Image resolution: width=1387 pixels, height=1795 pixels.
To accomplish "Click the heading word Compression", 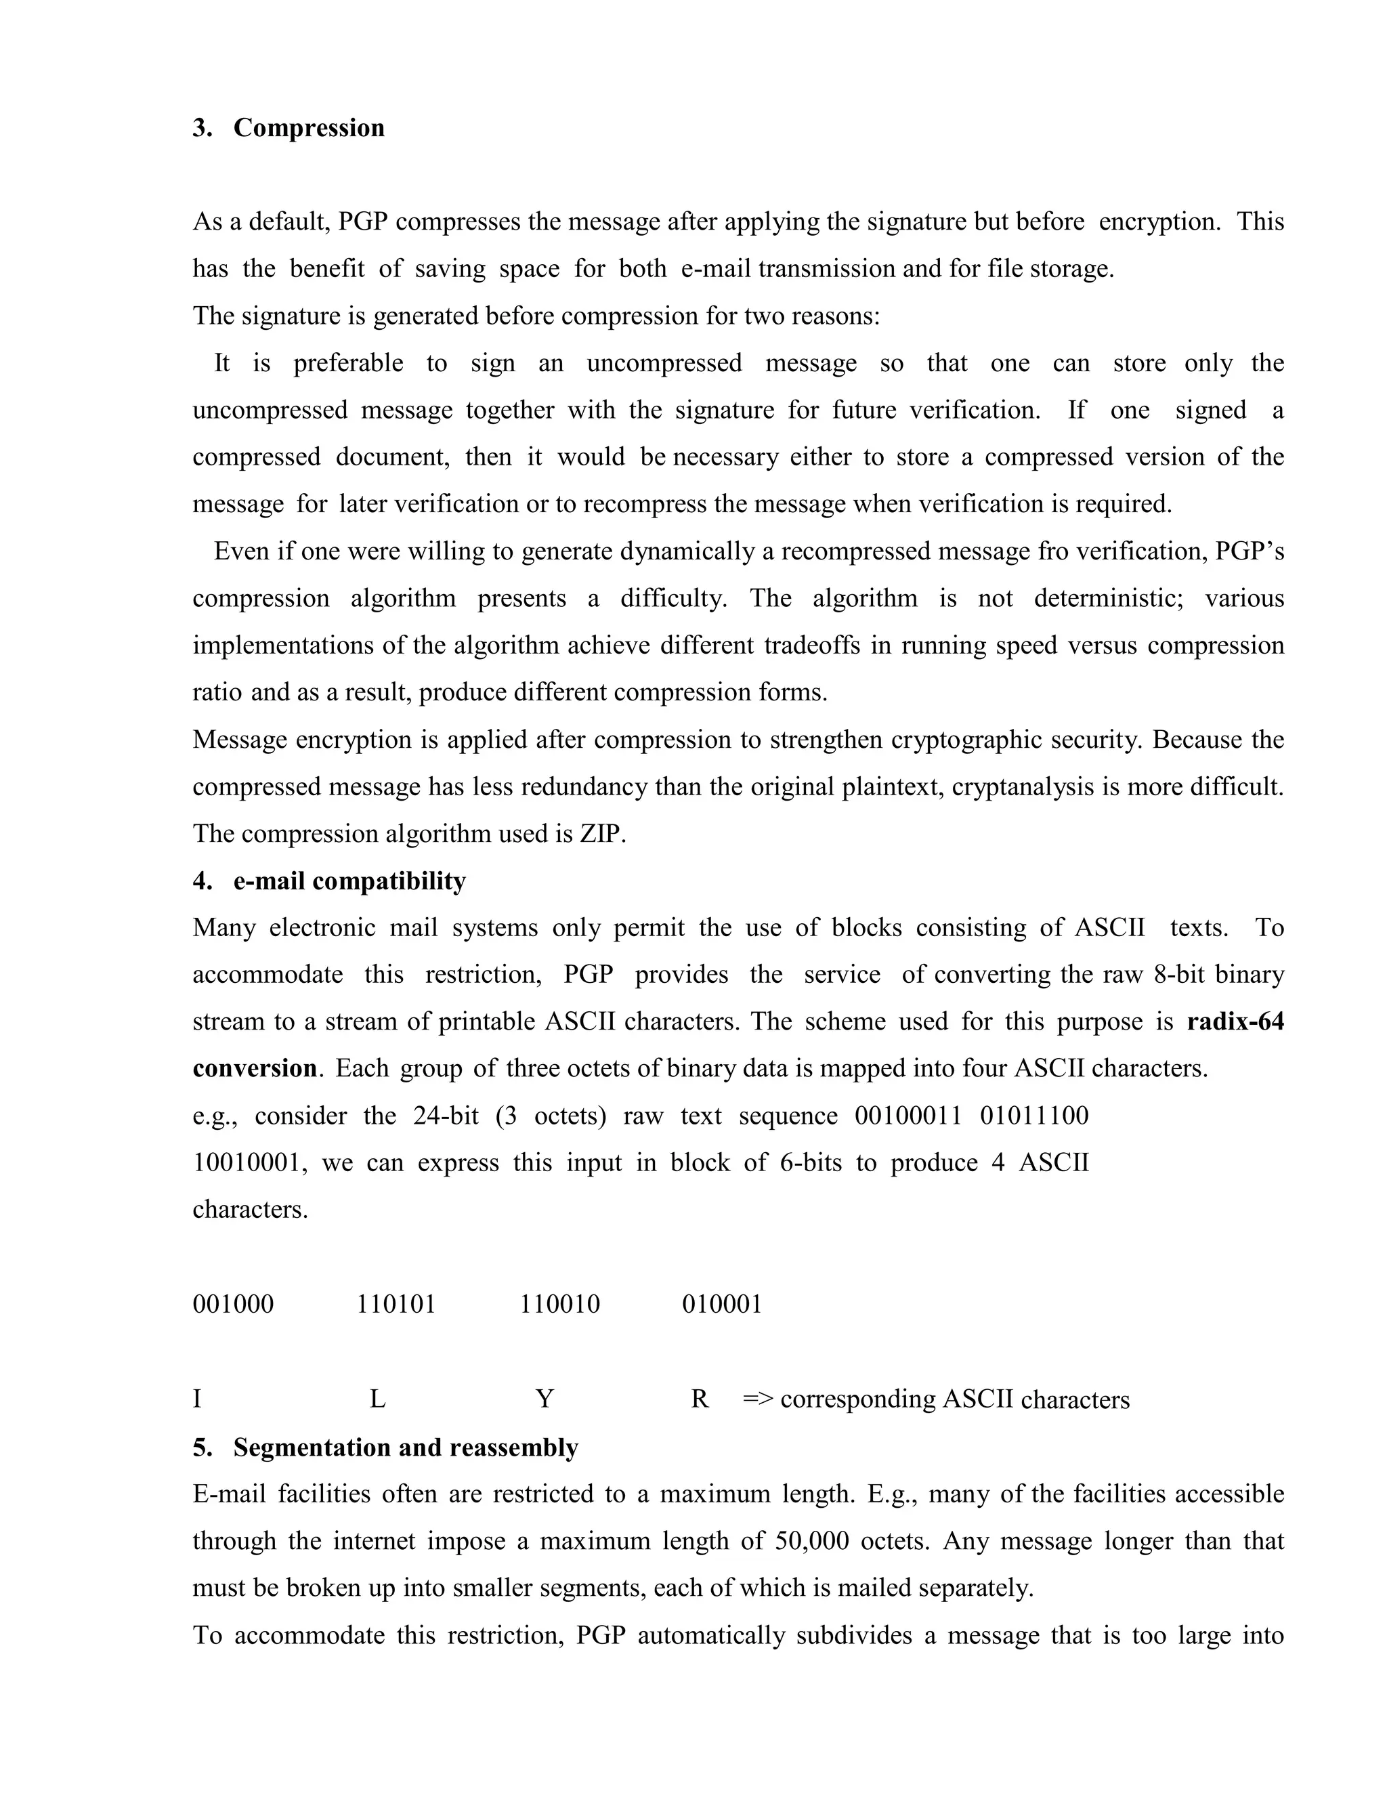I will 308,128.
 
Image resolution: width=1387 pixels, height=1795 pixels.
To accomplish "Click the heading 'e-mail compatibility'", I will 349,881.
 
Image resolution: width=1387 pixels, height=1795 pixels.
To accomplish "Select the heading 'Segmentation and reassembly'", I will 405,1448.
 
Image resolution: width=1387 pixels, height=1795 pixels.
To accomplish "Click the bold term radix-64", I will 1235,1021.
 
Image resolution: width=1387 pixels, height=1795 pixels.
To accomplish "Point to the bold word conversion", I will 254,1068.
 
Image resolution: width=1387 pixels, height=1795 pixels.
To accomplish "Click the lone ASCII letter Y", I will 544,1399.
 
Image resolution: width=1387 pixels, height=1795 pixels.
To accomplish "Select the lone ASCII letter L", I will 377,1399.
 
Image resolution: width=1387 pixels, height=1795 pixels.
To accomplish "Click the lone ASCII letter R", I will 699,1399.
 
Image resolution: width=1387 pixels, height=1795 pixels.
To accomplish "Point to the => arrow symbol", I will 758,1399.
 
